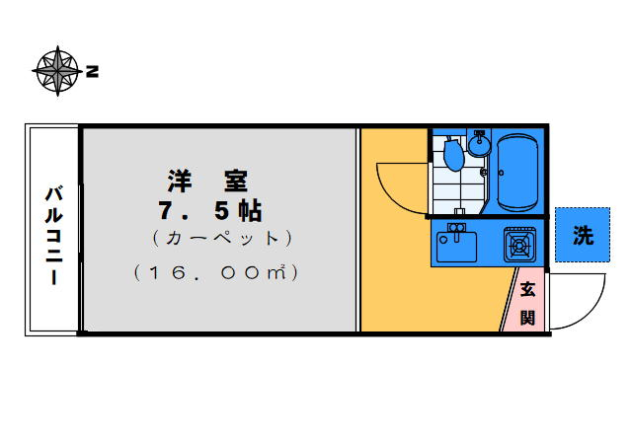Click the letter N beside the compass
point(92,71)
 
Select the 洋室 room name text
point(206,182)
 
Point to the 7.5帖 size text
point(209,210)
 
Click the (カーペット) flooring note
point(222,239)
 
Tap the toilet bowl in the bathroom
point(453,155)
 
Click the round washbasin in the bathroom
point(480,146)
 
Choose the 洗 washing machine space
point(583,235)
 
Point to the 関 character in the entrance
point(527,317)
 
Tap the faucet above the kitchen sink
point(456,229)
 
